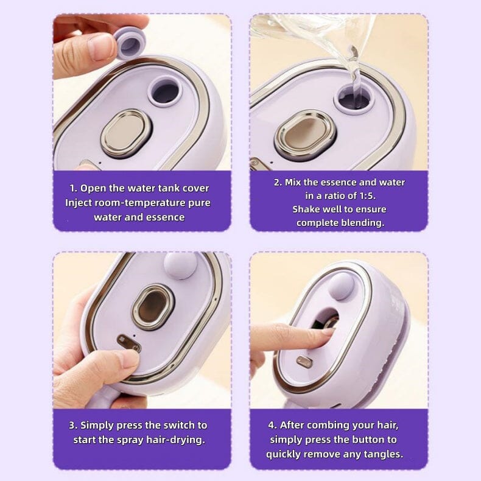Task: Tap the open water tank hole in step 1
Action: point(165,91)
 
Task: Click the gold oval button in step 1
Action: point(126,134)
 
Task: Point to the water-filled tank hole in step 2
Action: point(354,98)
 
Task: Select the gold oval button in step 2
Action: point(304,135)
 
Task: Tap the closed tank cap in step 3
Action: point(180,265)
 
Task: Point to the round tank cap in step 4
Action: point(342,286)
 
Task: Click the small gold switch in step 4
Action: point(304,362)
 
